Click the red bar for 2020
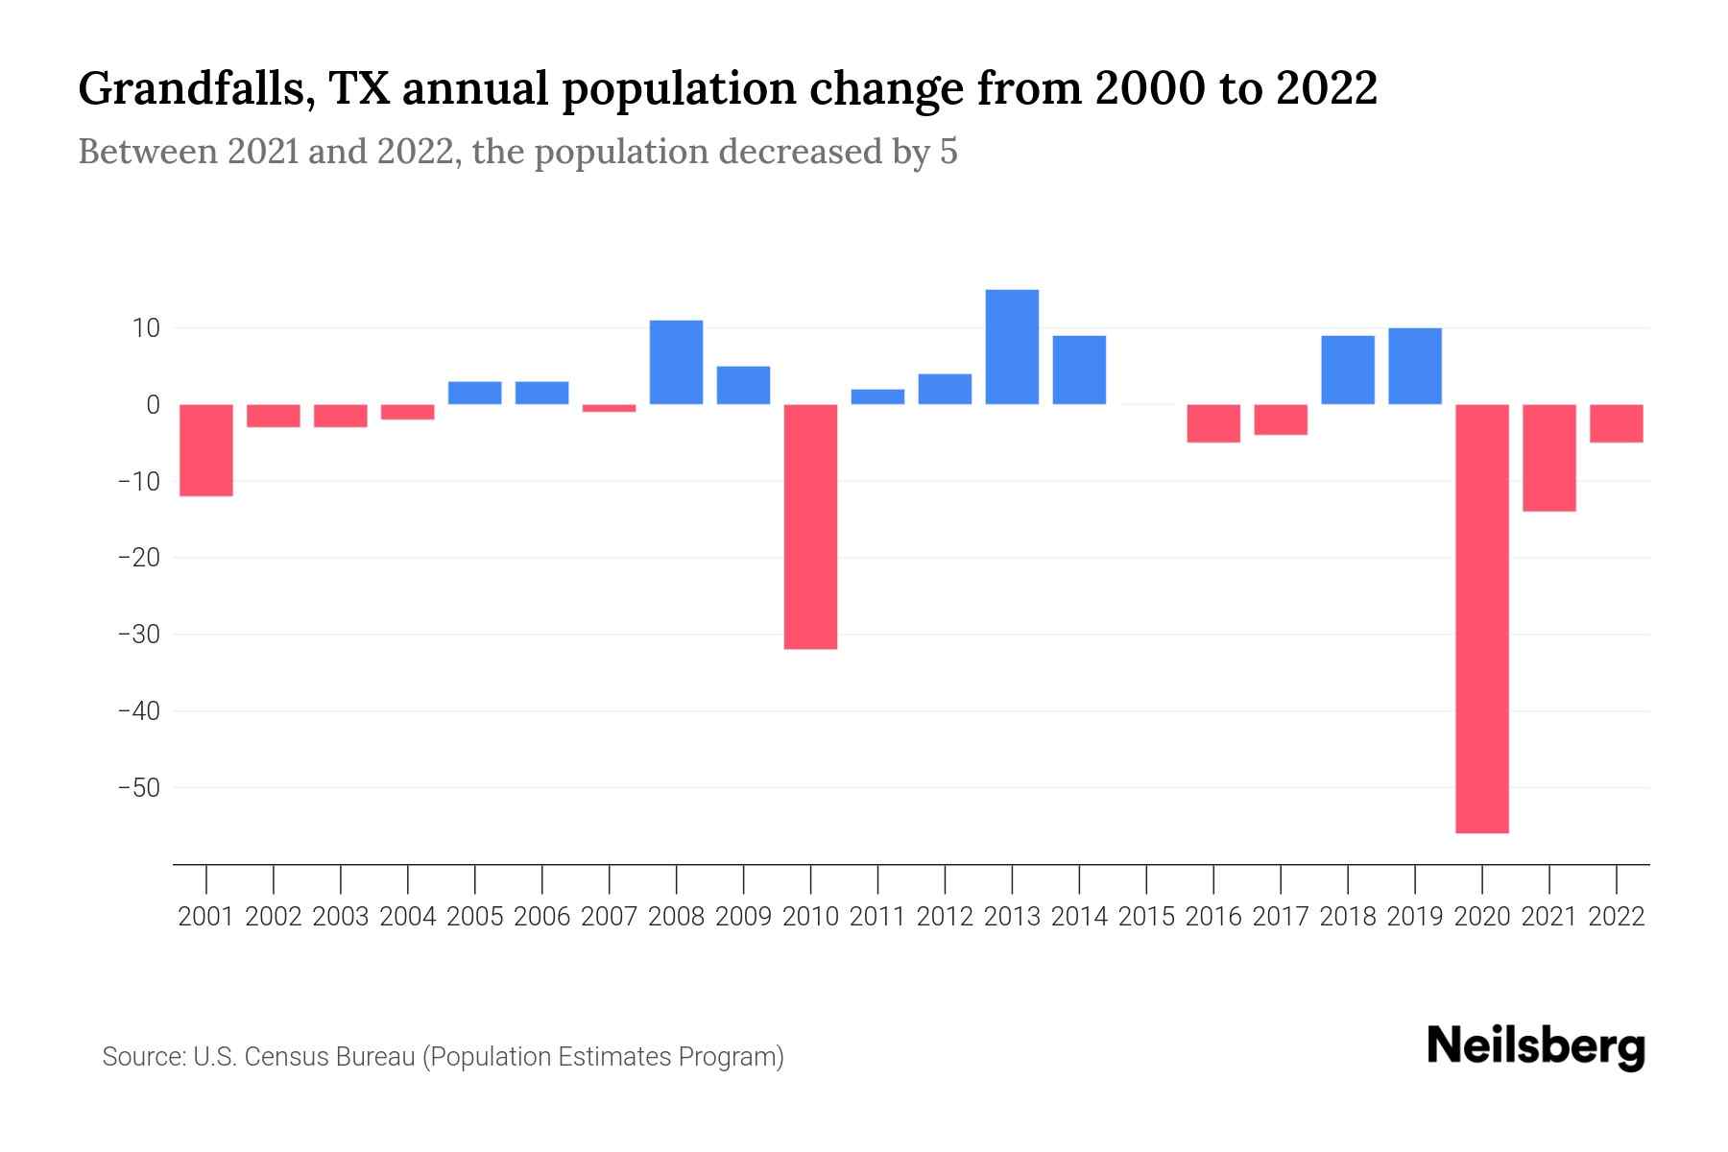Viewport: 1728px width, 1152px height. pyautogui.click(x=1481, y=618)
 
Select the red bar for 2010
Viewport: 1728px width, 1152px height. pyautogui.click(x=810, y=526)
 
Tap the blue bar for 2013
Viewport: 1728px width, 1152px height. pyautogui.click(x=1012, y=347)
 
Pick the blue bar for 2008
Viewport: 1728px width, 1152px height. pyautogui.click(x=676, y=362)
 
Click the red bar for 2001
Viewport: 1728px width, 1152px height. pyautogui.click(x=206, y=449)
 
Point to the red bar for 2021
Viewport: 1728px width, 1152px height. pyautogui.click(x=1548, y=457)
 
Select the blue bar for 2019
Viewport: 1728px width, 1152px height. pyautogui.click(x=1414, y=366)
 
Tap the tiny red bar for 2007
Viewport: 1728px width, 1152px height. pyautogui.click(x=609, y=408)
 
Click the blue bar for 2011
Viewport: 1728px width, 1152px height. pyautogui.click(x=877, y=396)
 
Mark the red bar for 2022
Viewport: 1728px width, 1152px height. pyautogui.click(x=1616, y=422)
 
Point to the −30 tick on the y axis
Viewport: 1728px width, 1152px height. pyautogui.click(x=138, y=635)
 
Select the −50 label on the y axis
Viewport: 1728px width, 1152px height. pyautogui.click(x=138, y=788)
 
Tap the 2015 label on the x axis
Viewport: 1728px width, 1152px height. pyautogui.click(x=1146, y=917)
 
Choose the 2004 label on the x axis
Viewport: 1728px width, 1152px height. pyautogui.click(x=407, y=917)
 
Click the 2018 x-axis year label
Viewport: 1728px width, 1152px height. pyautogui.click(x=1347, y=917)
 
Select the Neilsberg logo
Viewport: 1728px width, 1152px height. pyautogui.click(x=1536, y=1046)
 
